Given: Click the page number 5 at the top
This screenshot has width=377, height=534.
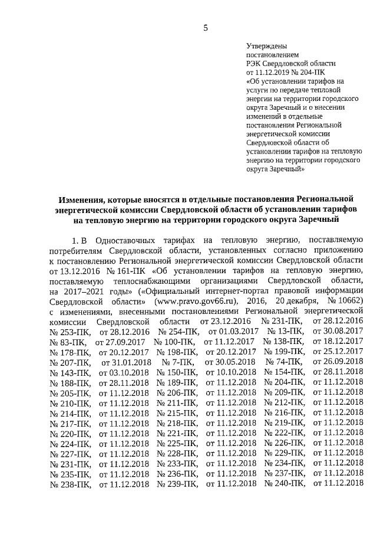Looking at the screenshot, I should tap(206, 27).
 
